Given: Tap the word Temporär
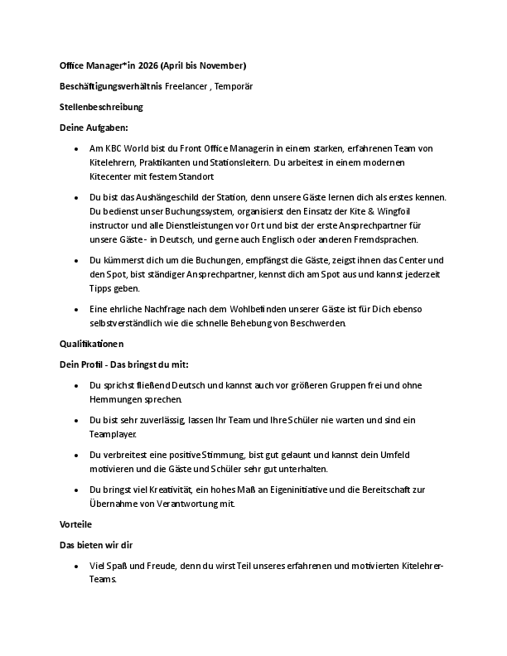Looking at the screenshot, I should (234, 86).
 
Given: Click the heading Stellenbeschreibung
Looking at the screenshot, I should (101, 107).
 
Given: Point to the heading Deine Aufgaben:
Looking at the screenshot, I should (94, 128).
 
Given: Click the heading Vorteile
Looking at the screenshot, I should (75, 525).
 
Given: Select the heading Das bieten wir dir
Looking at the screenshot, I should (97, 546).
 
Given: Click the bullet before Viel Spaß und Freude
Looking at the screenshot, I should (75, 566).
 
